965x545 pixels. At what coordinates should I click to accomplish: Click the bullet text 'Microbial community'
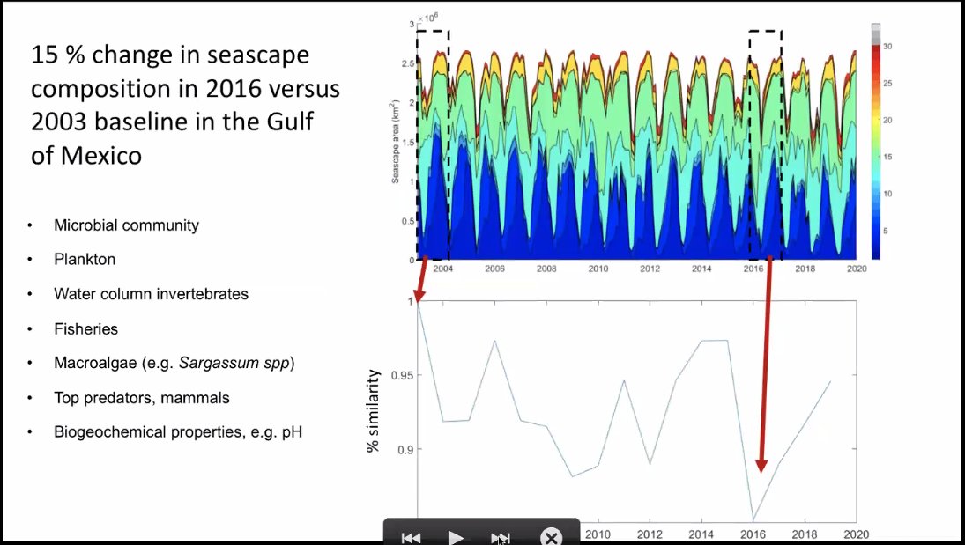click(x=126, y=225)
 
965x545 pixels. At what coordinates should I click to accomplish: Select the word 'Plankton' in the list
click(x=85, y=260)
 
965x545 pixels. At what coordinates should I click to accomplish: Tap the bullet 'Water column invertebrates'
click(x=151, y=294)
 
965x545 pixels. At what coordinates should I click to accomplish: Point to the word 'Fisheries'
click(x=85, y=328)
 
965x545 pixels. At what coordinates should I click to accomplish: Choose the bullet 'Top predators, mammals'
click(x=141, y=398)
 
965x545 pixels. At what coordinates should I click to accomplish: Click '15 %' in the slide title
click(x=55, y=55)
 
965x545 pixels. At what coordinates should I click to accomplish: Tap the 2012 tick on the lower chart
click(x=650, y=534)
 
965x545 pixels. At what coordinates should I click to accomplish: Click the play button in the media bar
click(x=456, y=537)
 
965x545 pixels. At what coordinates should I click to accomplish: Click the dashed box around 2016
click(x=765, y=32)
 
